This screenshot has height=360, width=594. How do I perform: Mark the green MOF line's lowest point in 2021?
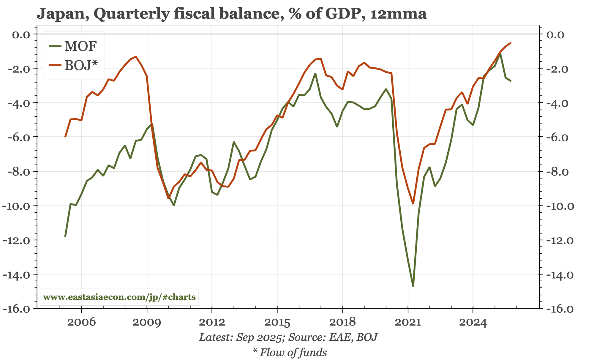413,286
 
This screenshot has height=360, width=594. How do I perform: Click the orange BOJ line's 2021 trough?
413,204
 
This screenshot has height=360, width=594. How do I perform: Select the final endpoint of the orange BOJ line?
511,43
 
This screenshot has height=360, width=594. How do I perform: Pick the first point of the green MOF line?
65,237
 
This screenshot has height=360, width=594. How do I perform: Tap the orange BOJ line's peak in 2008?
136,56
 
